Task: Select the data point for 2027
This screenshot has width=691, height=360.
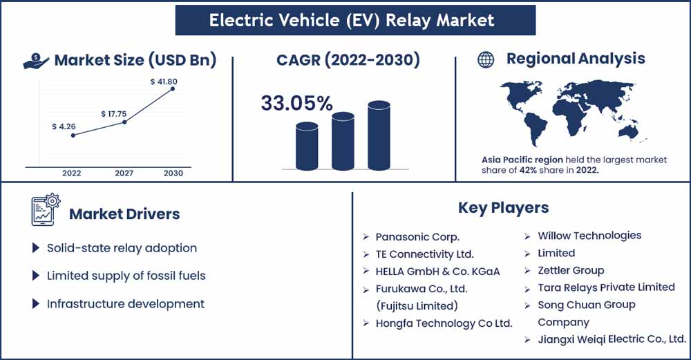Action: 124,122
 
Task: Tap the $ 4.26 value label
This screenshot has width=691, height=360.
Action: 64,126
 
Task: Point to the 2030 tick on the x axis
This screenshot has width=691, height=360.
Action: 173,173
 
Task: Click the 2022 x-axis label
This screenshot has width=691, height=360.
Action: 72,173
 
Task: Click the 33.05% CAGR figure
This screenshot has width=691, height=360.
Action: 296,104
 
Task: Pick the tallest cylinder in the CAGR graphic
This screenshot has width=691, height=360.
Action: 379,135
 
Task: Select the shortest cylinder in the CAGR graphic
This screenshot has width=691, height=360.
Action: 307,146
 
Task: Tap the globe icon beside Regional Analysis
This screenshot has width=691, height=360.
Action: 486,60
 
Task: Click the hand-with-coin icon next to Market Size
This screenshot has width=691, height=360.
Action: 36,61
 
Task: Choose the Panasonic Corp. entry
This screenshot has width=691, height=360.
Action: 417,236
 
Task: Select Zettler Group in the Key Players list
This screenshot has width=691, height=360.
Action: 571,270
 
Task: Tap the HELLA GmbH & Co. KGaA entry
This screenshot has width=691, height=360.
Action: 437,271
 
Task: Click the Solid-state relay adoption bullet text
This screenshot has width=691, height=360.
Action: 122,248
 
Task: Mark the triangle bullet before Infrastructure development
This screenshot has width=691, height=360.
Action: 36,304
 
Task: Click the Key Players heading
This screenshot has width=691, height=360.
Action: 503,207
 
